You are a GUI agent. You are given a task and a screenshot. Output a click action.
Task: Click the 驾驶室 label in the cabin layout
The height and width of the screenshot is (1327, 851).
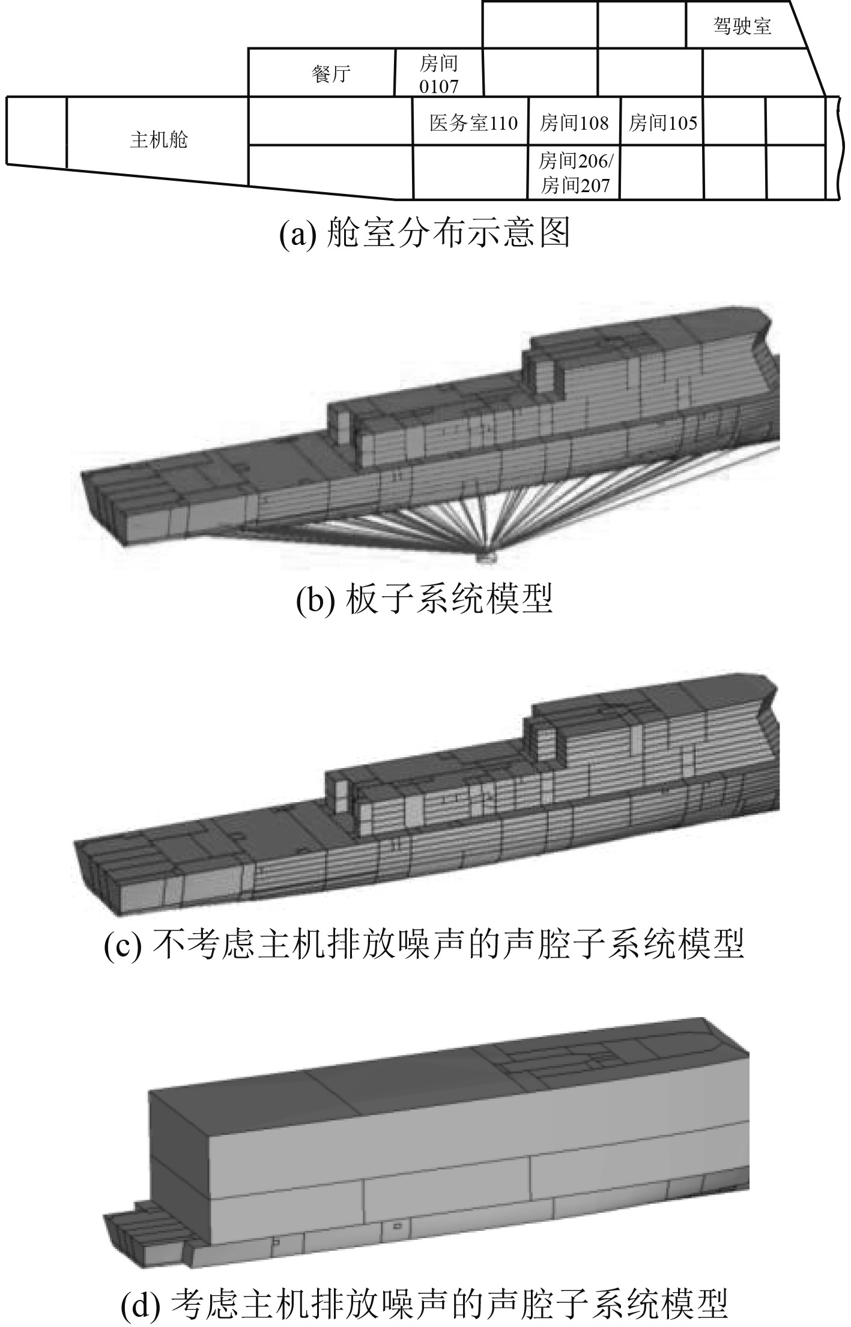pos(742,26)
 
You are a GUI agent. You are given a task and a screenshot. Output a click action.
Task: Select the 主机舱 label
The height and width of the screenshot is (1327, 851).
pos(159,140)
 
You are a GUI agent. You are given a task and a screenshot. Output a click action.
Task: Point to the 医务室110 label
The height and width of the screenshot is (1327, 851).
pos(473,123)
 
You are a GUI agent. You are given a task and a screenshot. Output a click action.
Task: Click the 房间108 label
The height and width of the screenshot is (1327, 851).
pos(574,123)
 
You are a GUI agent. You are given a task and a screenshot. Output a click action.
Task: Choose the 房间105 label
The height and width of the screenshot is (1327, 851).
pos(662,123)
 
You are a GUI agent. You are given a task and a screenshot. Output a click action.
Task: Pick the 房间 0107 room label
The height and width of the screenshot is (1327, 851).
pos(439,74)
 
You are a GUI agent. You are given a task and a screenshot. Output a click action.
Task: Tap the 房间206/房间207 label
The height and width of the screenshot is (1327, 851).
pos(575,173)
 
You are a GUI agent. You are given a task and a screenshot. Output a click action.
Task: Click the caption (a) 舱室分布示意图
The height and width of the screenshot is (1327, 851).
pos(425,233)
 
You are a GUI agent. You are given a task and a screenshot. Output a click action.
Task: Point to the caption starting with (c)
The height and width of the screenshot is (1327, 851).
pos(425,945)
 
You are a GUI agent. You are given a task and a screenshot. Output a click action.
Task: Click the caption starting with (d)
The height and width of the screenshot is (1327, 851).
pos(425,1302)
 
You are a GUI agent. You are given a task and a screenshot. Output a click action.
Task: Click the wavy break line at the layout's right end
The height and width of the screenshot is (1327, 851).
pos(834,147)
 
